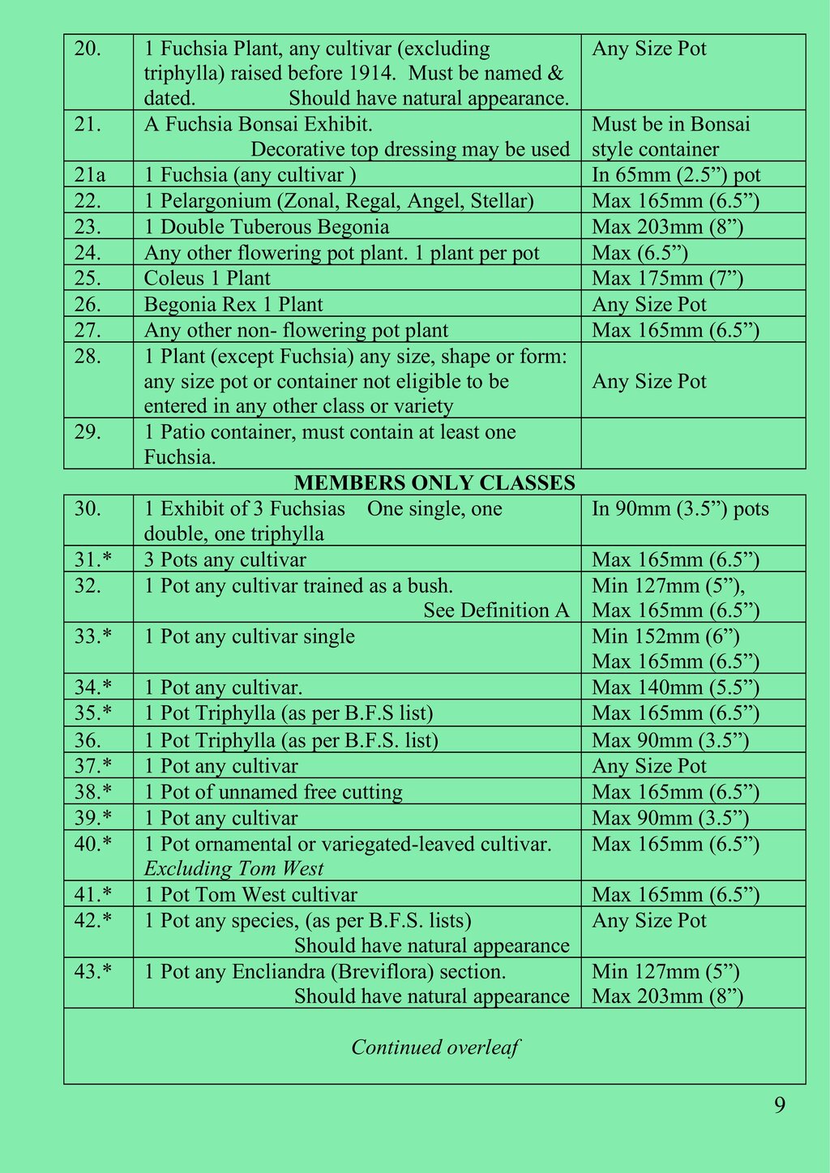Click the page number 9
point(779,1106)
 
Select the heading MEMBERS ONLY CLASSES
point(434,483)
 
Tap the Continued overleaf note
point(434,1047)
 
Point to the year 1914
point(374,74)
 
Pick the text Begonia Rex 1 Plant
point(233,305)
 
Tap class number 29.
point(88,432)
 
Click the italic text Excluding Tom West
point(233,869)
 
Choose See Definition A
point(496,610)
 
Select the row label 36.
point(88,740)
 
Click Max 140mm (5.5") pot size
point(675,688)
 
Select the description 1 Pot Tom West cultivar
point(250,895)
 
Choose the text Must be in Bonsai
point(671,124)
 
